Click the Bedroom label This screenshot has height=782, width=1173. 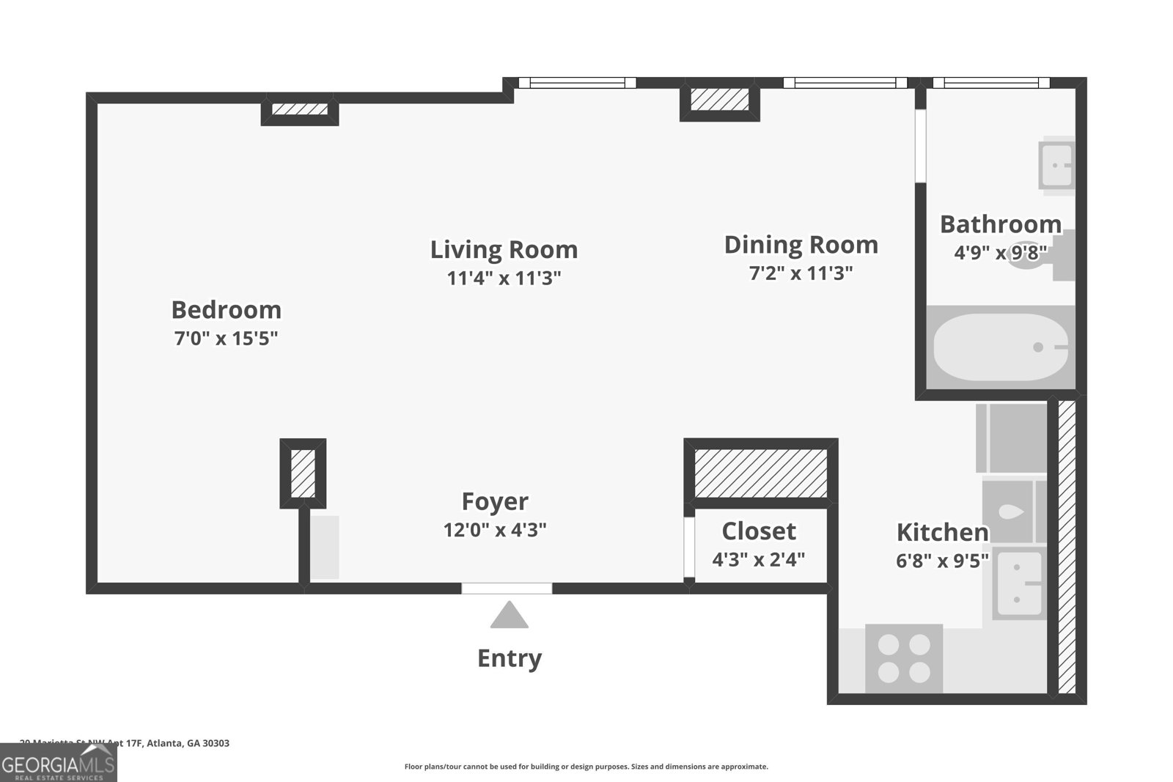point(226,310)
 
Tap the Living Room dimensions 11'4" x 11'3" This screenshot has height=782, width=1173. point(504,279)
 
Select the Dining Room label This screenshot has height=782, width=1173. point(801,245)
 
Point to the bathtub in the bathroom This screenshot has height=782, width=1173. point(1001,347)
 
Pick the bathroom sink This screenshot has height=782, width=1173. point(1056,165)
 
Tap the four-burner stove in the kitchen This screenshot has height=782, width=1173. point(904,658)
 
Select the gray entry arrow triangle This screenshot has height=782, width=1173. point(509,616)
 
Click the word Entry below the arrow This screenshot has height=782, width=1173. point(509,658)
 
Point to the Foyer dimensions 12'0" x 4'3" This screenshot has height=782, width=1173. point(495,530)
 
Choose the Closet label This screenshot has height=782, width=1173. point(758,531)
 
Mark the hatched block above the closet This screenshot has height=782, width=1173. point(760,473)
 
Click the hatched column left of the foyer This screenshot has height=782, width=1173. point(303,473)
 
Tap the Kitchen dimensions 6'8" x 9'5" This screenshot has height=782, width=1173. point(942,561)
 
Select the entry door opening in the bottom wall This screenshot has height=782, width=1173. point(507,589)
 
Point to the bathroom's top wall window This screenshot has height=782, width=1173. point(990,83)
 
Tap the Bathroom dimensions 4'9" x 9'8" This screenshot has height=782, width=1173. point(1000,253)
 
